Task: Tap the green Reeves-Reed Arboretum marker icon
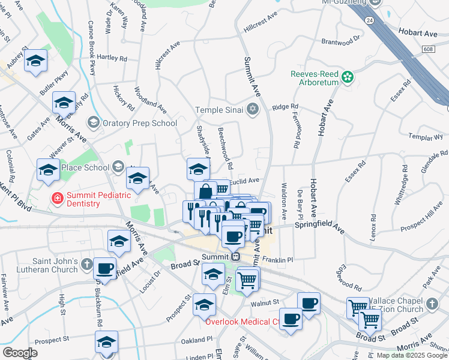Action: (348, 77)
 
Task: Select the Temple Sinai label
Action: (220, 109)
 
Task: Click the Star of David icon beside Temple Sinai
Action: (253, 109)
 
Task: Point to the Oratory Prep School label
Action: (139, 123)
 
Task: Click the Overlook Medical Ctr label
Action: (243, 322)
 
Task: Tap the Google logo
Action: (20, 353)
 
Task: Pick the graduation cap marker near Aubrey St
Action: (35, 60)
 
